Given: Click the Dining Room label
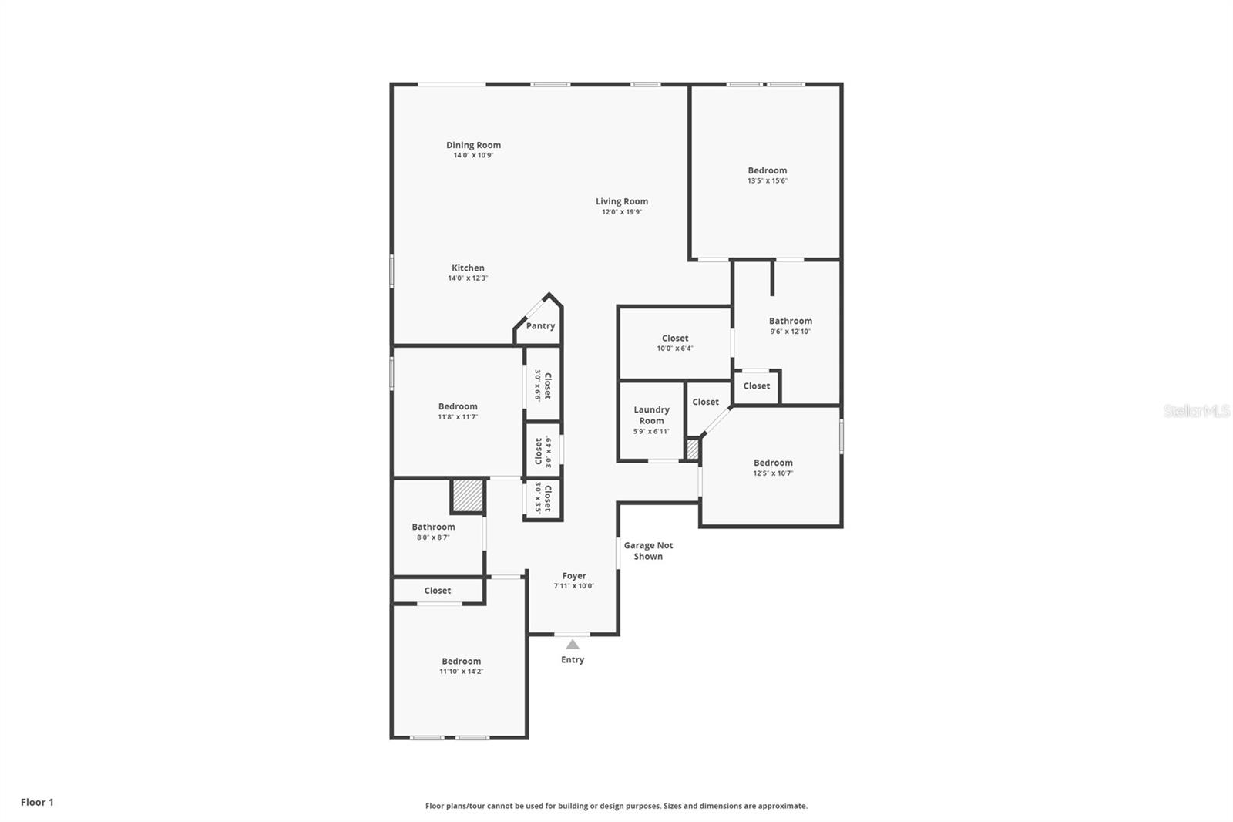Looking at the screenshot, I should coord(473,145).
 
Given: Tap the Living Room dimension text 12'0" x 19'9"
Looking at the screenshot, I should coord(621,212).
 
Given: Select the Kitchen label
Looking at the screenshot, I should coord(468,268).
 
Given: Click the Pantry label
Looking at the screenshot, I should coord(540,326).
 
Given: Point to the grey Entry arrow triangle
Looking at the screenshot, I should coord(573,645).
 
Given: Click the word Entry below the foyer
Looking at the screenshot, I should coord(573,660).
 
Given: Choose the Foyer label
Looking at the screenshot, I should coord(574,576).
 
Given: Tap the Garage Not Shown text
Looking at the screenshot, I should coord(648,551).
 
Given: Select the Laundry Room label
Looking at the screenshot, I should coord(651,416).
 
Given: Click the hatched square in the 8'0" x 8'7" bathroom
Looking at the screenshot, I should coord(468,496).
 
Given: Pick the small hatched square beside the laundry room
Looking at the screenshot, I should coord(692,449).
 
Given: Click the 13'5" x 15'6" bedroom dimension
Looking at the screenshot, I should coord(767,181).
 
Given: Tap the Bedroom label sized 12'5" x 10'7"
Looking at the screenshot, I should coord(773,463).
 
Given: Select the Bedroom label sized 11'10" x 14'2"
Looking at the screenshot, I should coord(461,662).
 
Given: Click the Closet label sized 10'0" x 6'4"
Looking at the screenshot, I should coord(675,339).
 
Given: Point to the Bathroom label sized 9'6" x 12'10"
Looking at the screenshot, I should coord(790,321).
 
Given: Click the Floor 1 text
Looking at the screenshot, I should coord(37,803).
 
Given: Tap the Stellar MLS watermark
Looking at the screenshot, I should coord(1196,412).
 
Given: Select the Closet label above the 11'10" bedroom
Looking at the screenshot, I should coord(437,591).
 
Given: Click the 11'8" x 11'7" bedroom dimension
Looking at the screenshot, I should coord(458,417).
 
